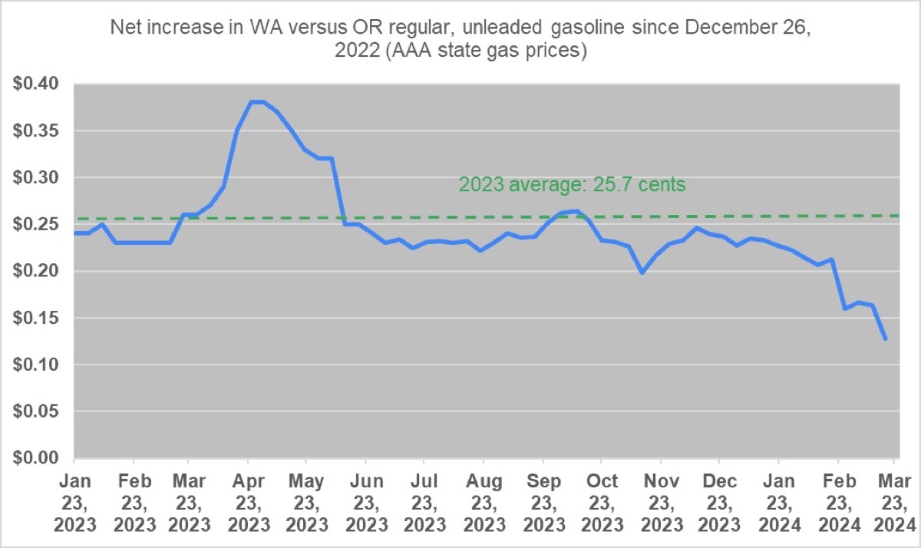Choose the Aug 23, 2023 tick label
[483, 503]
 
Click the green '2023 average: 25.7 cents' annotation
[572, 184]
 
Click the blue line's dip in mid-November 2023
[642, 272]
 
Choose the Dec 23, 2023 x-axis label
[719, 503]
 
